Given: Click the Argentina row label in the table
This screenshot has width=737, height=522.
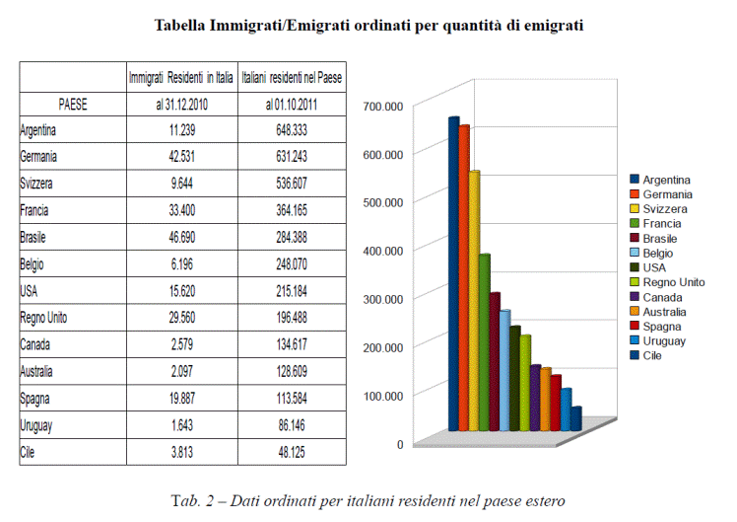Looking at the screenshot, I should [39, 130].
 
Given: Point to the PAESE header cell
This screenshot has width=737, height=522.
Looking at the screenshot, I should [72, 104].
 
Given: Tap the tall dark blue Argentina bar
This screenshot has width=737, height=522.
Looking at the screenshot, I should [454, 276].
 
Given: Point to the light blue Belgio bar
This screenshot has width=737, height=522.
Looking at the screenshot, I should [504, 370].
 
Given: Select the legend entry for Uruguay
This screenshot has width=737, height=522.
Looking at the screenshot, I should [665, 340].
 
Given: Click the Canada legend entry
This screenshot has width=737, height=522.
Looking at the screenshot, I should [662, 296].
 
